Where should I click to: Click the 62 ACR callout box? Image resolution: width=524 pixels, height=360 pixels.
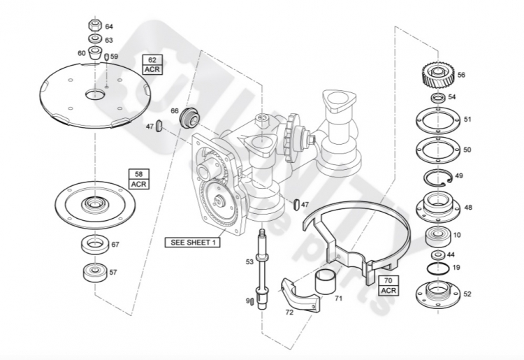point(152,64)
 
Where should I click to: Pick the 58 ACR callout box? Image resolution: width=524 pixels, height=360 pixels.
point(138,178)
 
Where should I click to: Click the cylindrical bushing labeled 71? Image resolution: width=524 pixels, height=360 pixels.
point(323,285)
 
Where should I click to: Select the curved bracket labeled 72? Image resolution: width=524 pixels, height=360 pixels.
point(299,296)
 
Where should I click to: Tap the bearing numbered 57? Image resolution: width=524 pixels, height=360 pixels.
point(92,272)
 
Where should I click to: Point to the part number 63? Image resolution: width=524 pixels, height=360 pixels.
point(109,40)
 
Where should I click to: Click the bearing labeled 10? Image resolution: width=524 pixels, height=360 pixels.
point(438,236)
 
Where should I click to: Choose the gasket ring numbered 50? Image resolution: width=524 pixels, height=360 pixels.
point(438,150)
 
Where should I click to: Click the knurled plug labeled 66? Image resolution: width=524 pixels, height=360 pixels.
point(189,119)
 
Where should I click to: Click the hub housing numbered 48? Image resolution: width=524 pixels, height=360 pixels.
point(438,206)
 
